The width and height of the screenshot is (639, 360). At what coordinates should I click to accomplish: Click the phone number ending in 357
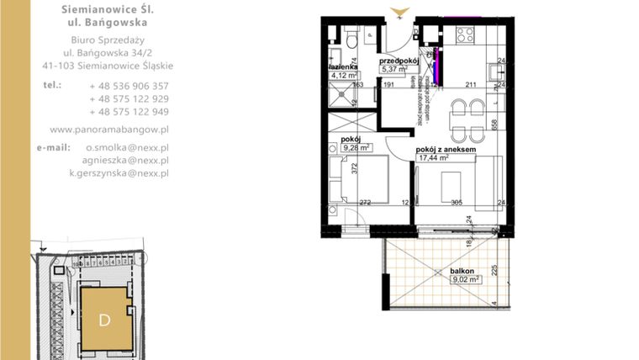(x=129, y=86)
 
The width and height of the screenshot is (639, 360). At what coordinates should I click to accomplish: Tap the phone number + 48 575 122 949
(x=129, y=112)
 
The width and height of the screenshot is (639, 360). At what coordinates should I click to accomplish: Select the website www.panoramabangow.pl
(x=109, y=130)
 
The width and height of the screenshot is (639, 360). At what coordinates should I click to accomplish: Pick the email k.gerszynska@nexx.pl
(x=119, y=173)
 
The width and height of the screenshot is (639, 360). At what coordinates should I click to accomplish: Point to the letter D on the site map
(x=105, y=320)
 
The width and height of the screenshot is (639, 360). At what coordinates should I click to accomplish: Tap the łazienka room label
(x=343, y=66)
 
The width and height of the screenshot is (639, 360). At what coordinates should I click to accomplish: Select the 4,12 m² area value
(x=343, y=74)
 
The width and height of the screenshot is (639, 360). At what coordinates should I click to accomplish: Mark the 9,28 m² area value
(x=357, y=148)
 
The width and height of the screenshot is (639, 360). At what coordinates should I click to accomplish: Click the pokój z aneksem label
(x=446, y=149)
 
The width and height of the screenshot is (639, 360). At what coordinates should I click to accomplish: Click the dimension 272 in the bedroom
(x=365, y=203)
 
